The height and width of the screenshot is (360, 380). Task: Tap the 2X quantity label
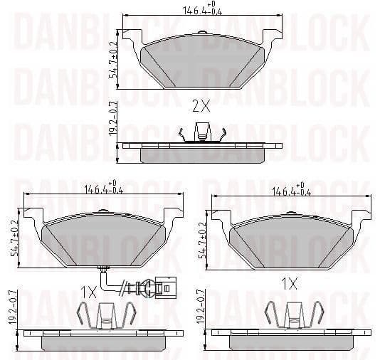coord(201,107)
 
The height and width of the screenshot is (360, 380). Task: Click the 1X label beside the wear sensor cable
coord(89,292)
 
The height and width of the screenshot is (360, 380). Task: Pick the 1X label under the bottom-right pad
coord(289,283)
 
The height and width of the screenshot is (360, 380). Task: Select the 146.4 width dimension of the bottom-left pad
coord(104,190)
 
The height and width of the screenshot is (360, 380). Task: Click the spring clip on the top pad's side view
coord(203,132)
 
